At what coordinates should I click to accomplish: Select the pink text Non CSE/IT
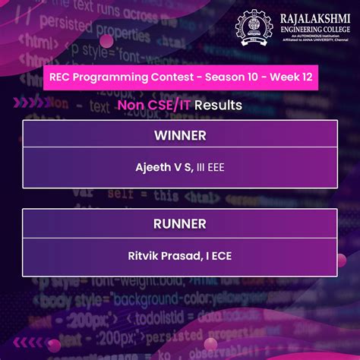click(155, 105)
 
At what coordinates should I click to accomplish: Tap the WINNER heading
click(180, 135)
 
